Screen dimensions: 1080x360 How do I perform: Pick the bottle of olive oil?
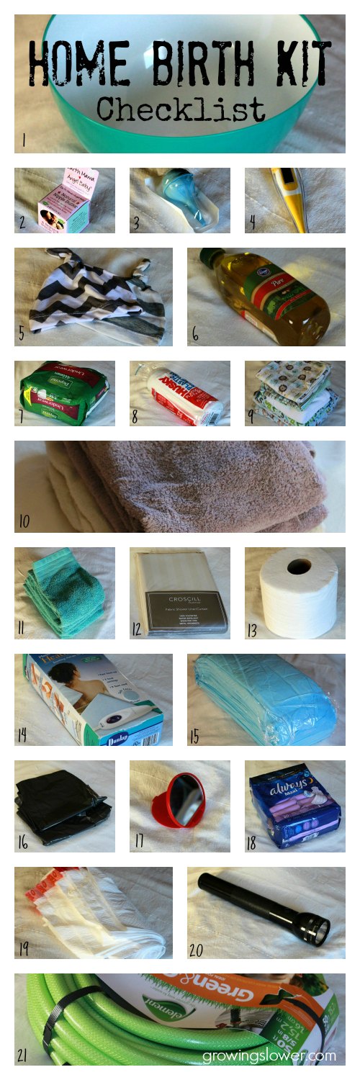[x=270, y=295]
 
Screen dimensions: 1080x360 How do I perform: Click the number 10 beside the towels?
[x=25, y=520]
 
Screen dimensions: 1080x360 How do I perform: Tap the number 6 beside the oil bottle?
[x=195, y=336]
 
